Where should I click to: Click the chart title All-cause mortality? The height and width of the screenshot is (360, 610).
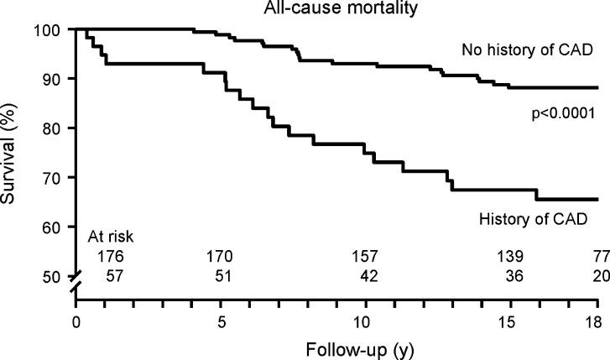tap(335, 9)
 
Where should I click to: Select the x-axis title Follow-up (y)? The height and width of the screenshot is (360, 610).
tap(334, 346)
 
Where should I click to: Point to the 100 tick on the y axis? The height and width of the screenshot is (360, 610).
tap(56, 30)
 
